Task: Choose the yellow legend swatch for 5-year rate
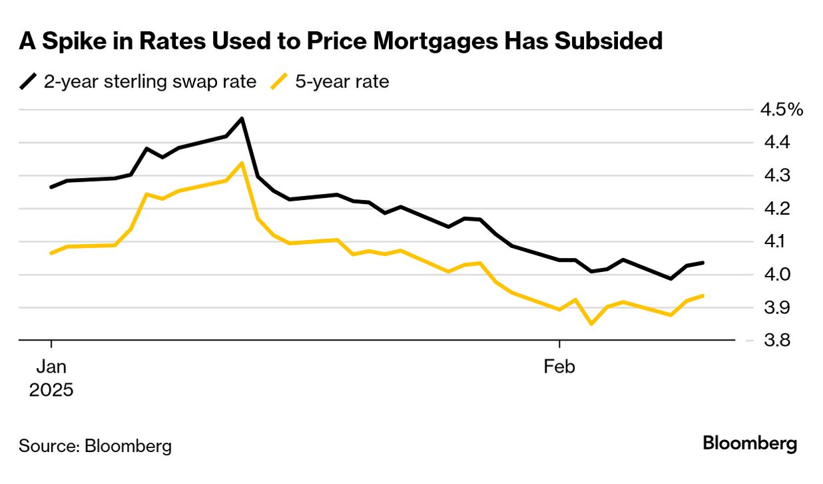(280, 82)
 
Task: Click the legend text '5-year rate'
(342, 82)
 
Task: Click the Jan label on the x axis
(51, 367)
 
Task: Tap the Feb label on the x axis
(559, 367)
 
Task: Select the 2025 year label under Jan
(51, 390)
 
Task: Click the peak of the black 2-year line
(242, 119)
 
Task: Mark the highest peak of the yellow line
(242, 163)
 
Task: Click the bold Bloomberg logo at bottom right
(750, 443)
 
